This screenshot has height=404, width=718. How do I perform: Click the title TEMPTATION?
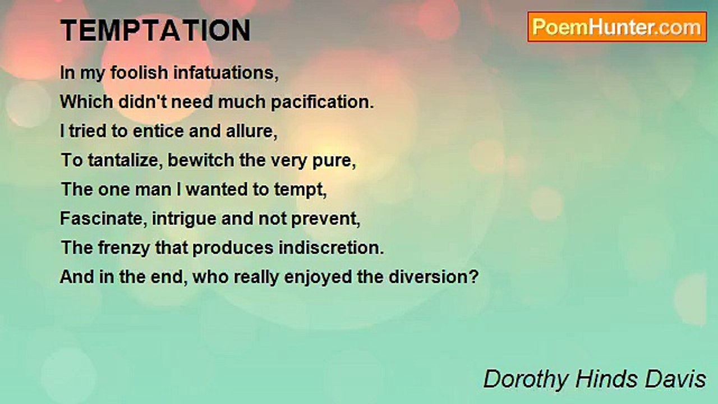(155, 31)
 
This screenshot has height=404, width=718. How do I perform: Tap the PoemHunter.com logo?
(617, 27)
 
